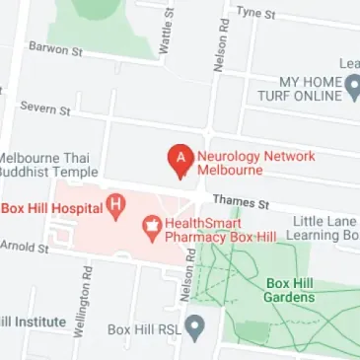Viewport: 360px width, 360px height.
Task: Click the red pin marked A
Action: pyautogui.click(x=180, y=159)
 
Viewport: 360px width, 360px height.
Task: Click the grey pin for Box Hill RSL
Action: pyautogui.click(x=196, y=326)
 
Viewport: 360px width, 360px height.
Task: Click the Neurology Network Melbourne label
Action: pyautogui.click(x=243, y=163)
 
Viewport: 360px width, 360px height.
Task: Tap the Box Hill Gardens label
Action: pyautogui.click(x=291, y=290)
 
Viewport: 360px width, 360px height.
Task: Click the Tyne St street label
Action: pyautogui.click(x=254, y=13)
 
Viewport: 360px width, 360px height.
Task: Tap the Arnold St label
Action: pyautogui.click(x=24, y=246)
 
